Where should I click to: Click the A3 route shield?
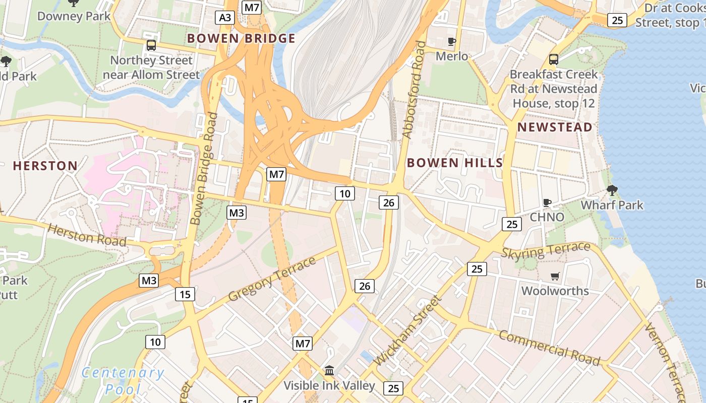tap(225, 18)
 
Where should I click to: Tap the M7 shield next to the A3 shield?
tap(252, 7)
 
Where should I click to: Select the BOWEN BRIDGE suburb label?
tap(241, 38)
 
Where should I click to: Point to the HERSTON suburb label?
tap(45, 166)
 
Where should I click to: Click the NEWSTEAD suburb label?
tap(555, 127)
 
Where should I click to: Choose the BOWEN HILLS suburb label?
tap(455, 163)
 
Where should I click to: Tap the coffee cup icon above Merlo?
tap(452, 41)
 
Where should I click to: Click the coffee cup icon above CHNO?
tap(547, 203)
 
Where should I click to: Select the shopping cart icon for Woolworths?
tap(555, 276)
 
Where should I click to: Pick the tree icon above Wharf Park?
tap(612, 190)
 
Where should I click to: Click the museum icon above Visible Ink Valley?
tap(329, 371)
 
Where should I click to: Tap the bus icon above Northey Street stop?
tap(151, 45)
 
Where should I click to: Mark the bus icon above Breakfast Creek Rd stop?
tap(554, 59)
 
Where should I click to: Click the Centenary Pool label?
tap(123, 380)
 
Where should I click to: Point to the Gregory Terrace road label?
tap(272, 279)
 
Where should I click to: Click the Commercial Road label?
tap(549, 348)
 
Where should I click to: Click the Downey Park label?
tap(74, 16)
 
